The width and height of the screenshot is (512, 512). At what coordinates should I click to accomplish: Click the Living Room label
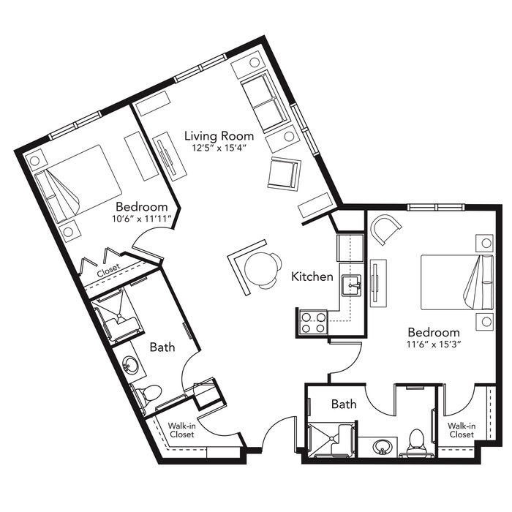(219, 136)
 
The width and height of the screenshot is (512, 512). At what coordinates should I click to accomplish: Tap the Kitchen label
(312, 276)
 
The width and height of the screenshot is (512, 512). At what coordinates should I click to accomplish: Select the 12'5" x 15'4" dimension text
(219, 148)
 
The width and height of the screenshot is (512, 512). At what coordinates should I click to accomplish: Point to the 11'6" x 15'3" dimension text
(434, 345)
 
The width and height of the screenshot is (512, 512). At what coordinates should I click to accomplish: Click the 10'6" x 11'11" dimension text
(142, 219)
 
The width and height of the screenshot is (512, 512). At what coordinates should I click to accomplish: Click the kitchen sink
(351, 285)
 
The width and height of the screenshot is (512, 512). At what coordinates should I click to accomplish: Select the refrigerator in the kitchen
(350, 247)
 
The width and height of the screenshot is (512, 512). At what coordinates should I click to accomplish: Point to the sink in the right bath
(382, 447)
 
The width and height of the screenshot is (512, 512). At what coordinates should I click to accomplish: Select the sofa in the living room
(264, 102)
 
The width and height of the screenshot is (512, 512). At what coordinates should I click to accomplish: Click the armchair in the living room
(284, 173)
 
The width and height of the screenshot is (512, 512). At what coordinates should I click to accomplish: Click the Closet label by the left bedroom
(109, 271)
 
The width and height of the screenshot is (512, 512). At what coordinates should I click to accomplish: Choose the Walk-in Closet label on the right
(462, 430)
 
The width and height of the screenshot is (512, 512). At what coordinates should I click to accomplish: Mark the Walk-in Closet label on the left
(181, 430)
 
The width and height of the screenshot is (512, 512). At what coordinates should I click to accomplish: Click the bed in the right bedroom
(456, 282)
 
